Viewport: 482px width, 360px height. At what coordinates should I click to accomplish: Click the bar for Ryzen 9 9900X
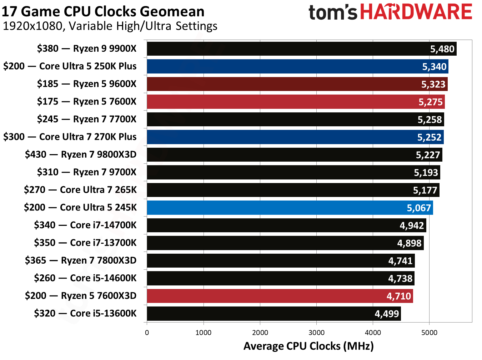[302, 49]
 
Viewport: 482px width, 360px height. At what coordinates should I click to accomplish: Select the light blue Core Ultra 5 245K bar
[290, 208]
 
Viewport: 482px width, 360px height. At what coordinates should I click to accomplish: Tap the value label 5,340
[434, 67]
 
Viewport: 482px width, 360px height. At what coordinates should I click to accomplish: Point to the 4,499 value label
[387, 314]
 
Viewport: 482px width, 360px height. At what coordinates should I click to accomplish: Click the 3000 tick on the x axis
[316, 333]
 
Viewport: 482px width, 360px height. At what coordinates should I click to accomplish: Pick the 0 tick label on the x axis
[147, 333]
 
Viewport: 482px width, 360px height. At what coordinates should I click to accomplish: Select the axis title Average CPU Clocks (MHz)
[308, 346]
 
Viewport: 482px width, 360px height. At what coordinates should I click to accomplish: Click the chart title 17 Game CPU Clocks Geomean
[103, 11]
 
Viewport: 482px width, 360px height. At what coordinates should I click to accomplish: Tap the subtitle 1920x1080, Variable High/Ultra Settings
[110, 26]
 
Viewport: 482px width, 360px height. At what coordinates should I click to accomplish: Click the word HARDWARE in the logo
[416, 12]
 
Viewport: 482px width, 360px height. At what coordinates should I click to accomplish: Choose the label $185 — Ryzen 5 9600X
[87, 84]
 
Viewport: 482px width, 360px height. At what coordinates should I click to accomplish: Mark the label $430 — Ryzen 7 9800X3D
[81, 154]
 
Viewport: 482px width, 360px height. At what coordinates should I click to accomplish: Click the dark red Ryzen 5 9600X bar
[297, 84]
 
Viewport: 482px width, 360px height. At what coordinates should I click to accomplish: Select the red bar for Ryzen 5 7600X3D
[280, 296]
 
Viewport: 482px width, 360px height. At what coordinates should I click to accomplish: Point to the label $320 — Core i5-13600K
[85, 313]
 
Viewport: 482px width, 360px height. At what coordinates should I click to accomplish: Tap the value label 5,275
[431, 102]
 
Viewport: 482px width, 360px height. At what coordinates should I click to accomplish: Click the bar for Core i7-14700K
[286, 225]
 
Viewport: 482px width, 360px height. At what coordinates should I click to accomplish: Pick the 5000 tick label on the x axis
[429, 333]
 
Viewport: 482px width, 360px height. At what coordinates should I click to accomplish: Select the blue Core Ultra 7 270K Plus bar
[295, 137]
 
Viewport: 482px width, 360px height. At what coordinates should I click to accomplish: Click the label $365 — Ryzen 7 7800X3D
[81, 260]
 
